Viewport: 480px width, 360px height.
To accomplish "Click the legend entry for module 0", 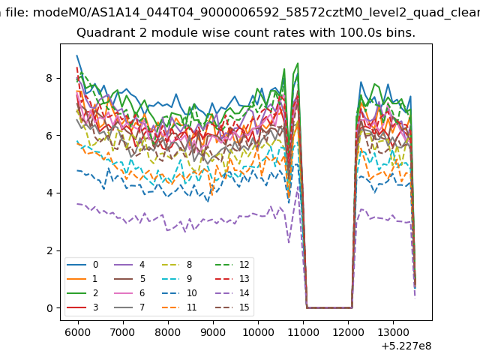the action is pos(82,265).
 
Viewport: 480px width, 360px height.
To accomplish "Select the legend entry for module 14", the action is pos(232,293).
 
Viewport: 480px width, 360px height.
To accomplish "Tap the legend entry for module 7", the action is pos(130,307).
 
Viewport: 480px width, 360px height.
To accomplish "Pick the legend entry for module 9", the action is pos(177,278).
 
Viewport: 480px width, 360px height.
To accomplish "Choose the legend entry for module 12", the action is pos(232,265).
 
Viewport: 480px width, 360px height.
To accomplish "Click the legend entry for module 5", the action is pos(130,278).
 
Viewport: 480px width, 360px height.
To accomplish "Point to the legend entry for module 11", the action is pos(178,307).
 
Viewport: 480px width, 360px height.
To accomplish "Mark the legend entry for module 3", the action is pos(82,307).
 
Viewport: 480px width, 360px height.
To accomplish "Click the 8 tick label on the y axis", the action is pos(49,78).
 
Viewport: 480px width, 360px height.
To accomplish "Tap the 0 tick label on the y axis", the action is pos(49,308).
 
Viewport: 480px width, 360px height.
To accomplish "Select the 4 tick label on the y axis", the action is pos(49,193).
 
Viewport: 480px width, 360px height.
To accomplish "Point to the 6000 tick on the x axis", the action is pos(78,332).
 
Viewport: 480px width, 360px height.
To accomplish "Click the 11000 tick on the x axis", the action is pos(303,332).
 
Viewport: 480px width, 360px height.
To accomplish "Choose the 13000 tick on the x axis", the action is pos(393,332).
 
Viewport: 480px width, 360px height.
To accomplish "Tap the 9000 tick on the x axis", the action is pos(213,332).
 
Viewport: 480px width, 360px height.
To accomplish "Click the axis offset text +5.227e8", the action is pos(406,346).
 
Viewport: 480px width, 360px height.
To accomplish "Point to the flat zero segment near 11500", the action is pos(329,307).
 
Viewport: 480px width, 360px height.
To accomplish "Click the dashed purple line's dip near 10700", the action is pos(289,242).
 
